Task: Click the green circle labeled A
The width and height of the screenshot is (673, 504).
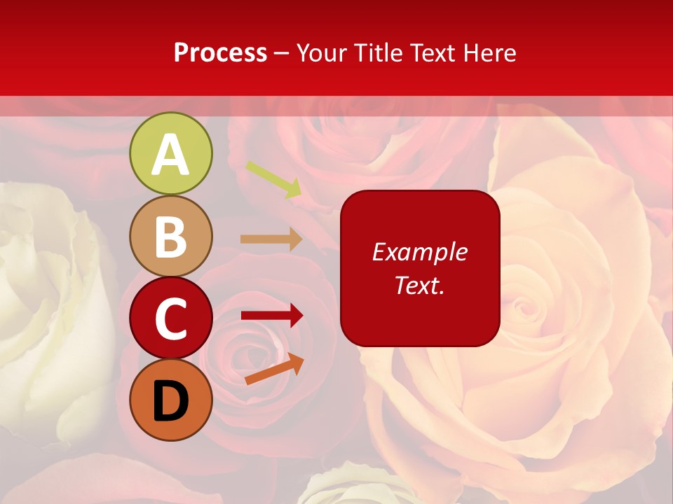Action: [x=170, y=153]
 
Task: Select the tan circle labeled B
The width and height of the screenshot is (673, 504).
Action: [x=170, y=236]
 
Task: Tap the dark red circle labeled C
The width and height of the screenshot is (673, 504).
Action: [x=170, y=318]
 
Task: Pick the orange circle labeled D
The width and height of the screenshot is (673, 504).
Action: [x=170, y=400]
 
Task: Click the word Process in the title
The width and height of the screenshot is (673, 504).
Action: [x=220, y=52]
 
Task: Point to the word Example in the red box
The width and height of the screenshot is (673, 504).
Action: [x=419, y=252]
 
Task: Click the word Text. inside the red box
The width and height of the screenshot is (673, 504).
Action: [x=419, y=285]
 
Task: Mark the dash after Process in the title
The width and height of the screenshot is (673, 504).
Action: [x=282, y=53]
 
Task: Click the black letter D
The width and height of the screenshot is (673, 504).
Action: [x=170, y=401]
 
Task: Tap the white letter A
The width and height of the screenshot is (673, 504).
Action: [x=170, y=155]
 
